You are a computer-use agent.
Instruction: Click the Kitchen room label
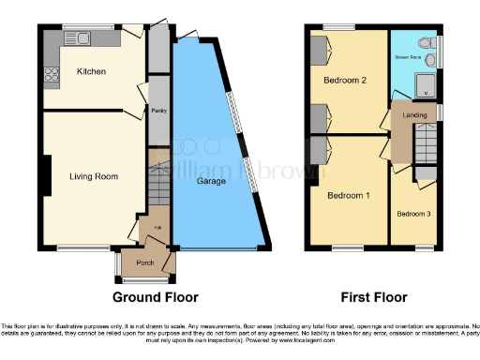[91, 71]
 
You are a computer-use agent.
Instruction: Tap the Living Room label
[93, 175]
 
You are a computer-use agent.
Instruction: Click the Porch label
[145, 262]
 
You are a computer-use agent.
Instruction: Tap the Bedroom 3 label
[413, 214]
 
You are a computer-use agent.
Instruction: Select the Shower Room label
[408, 57]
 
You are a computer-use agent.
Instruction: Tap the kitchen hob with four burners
[51, 75]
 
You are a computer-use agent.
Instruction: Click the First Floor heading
[374, 297]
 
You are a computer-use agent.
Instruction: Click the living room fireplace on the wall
[45, 176]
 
